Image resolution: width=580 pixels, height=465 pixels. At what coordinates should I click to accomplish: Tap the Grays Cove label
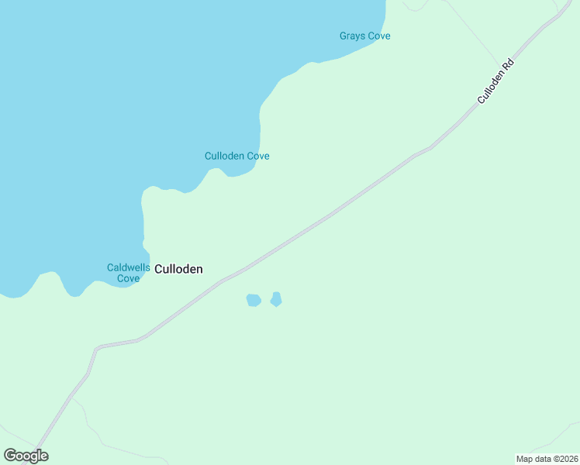(x=364, y=36)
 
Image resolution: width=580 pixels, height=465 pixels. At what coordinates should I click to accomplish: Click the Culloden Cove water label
(x=236, y=156)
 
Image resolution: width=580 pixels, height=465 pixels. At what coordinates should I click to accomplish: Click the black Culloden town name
(x=179, y=269)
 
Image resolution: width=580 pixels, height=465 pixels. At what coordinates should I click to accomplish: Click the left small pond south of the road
(x=254, y=300)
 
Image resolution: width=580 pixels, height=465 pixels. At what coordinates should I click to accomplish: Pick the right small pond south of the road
(x=276, y=299)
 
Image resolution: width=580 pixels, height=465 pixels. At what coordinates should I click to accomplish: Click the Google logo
(x=26, y=456)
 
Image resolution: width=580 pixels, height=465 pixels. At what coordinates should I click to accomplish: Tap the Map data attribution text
(x=546, y=458)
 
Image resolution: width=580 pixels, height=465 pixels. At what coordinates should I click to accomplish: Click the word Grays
(x=353, y=36)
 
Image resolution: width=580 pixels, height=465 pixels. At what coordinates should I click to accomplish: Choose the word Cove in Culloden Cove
(x=258, y=156)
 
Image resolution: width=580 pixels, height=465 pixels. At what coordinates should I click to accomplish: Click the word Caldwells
(x=129, y=267)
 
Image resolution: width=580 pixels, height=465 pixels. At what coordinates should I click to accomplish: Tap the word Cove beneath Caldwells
(x=128, y=278)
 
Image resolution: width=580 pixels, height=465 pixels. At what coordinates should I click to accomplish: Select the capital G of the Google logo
(x=10, y=456)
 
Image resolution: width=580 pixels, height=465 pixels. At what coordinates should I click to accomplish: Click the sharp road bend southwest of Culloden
(x=97, y=348)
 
